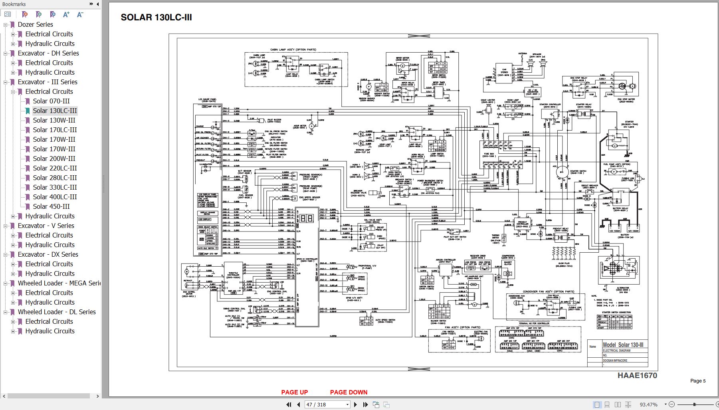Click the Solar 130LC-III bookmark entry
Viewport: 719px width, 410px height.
tap(55, 111)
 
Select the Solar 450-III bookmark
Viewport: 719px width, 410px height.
tap(51, 206)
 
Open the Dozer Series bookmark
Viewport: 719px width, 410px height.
tap(35, 24)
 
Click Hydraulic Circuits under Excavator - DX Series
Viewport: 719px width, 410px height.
tap(50, 273)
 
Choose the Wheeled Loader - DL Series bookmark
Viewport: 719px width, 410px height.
tap(57, 312)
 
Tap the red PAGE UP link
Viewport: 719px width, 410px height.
tap(294, 392)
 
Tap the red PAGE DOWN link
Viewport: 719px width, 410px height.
tap(349, 392)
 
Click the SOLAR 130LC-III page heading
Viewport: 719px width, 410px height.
tap(156, 17)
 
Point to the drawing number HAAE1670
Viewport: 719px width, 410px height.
tap(637, 375)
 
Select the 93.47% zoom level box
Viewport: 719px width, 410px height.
tap(649, 404)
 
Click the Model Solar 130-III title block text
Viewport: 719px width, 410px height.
tap(623, 345)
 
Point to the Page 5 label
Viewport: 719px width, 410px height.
tap(698, 380)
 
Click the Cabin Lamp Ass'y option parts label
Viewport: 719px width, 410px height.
tap(293, 50)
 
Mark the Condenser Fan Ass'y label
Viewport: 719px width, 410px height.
tap(548, 291)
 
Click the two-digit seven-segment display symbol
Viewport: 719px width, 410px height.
tap(307, 218)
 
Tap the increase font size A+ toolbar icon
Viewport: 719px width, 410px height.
tap(66, 14)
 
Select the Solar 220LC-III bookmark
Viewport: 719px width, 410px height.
tap(55, 168)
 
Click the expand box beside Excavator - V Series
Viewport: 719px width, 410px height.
tap(6, 226)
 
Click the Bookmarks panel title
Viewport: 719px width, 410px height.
tap(14, 4)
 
